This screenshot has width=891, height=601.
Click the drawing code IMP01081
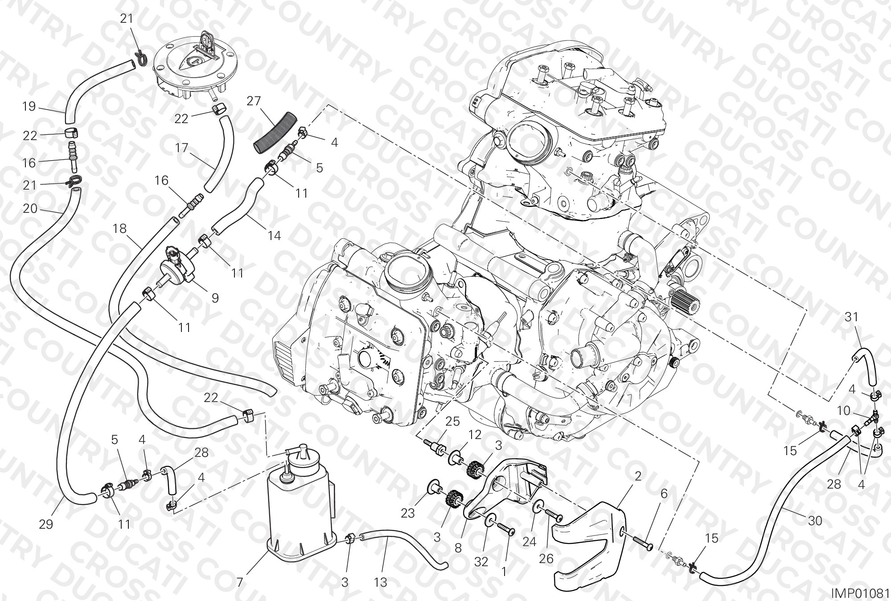point(860,593)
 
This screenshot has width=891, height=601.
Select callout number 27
point(254,101)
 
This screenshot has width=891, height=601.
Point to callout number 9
point(215,298)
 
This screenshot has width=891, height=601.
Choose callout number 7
point(239,583)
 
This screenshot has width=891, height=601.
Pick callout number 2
point(638,477)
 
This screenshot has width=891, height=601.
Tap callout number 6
point(664,493)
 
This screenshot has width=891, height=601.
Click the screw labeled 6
point(641,541)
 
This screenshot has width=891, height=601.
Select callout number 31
point(851,317)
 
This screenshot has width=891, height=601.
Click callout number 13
point(381,583)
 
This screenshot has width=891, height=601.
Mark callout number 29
point(46,524)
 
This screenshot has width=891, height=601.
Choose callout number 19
point(29,107)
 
